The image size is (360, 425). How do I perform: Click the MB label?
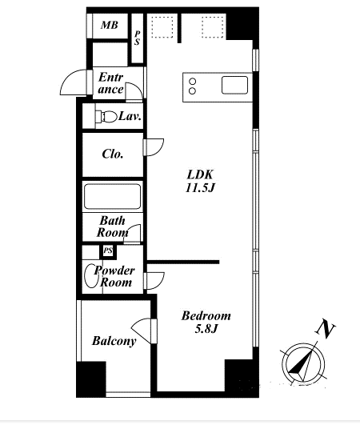pos(110,25)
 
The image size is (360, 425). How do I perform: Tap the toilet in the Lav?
pos(106,116)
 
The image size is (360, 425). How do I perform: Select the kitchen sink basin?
pos(234,85)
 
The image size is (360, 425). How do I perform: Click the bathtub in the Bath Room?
pos(113,197)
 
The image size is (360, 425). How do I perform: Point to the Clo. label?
pos(113,154)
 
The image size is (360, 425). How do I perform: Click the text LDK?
pos(200,174)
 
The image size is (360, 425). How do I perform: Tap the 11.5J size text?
pos(200,187)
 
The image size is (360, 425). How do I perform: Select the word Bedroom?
pos(206,316)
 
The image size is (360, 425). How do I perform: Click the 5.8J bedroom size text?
pos(206,329)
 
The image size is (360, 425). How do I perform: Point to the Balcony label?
pos(114,341)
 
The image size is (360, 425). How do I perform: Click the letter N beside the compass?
pos(326,329)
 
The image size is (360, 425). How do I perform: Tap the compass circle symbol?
pos(303,364)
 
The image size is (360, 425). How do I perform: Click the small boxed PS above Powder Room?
pos(108,251)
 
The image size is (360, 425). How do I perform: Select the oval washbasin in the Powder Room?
pos(90,275)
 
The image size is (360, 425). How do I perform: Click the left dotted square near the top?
pos(162,27)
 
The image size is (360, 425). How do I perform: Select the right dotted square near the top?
pos(213,27)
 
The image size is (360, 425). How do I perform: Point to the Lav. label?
pos(130,117)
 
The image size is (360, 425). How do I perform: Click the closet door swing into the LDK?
pos(154,147)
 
